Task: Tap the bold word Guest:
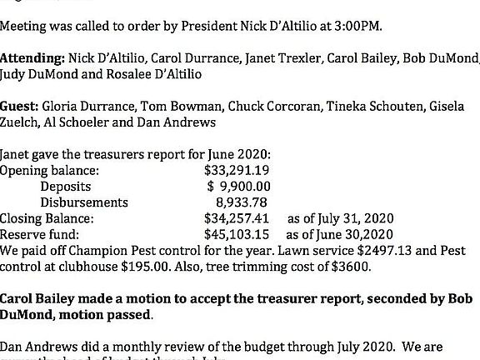point(19,107)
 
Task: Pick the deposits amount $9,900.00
point(238,187)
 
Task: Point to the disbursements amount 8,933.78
point(242,202)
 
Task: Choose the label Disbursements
point(84,202)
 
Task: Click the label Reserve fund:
point(39,234)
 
